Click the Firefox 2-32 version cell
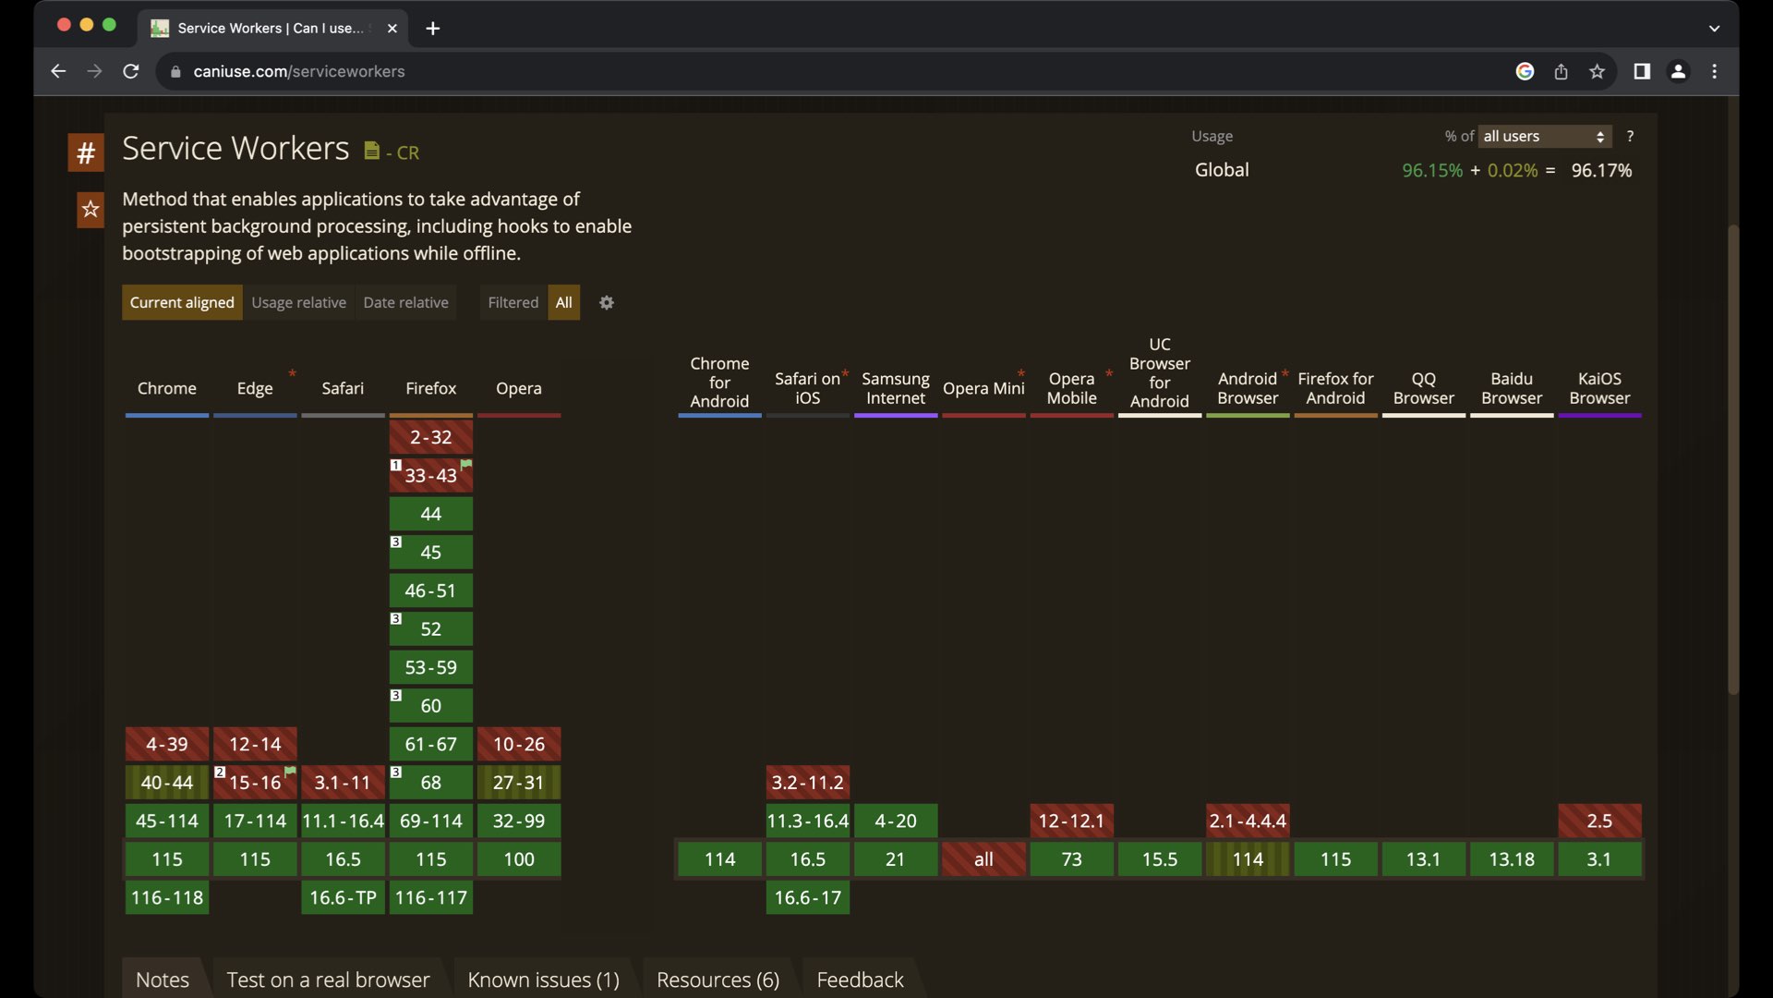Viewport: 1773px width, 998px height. [x=430, y=437]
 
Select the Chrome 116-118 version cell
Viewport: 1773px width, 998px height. [x=166, y=897]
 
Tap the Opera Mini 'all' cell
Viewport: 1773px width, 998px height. [x=983, y=859]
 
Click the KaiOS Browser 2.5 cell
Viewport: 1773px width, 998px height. [x=1599, y=821]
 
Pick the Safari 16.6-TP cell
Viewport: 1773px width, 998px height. [x=343, y=897]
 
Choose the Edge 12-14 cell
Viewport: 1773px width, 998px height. [x=255, y=744]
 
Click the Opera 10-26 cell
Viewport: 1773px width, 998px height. [x=518, y=744]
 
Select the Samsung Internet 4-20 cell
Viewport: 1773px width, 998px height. [x=895, y=821]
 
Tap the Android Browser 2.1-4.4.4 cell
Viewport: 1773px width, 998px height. [x=1248, y=821]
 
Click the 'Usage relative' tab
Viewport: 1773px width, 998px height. [x=298, y=302]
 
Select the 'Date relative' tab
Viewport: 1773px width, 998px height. [x=405, y=302]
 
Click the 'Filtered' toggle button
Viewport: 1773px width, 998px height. [x=513, y=302]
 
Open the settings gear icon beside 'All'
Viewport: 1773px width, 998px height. [x=607, y=303]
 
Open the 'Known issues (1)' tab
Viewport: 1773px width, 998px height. [x=543, y=980]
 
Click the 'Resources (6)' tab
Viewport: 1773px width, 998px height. [x=718, y=980]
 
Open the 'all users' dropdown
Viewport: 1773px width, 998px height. [x=1545, y=137]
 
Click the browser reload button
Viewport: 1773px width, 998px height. [x=131, y=71]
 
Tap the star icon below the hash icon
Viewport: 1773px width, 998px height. [x=90, y=210]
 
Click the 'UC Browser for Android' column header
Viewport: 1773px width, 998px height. [x=1160, y=372]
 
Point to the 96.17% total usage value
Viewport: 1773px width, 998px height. [x=1601, y=171]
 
